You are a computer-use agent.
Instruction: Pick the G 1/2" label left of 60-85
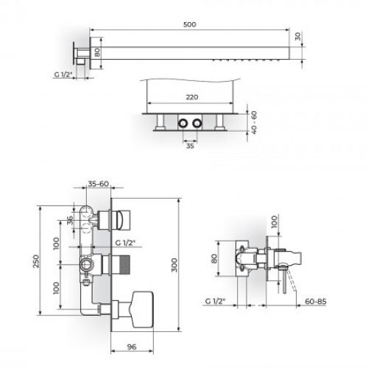216,301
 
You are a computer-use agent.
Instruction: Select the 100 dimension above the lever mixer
274,222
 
